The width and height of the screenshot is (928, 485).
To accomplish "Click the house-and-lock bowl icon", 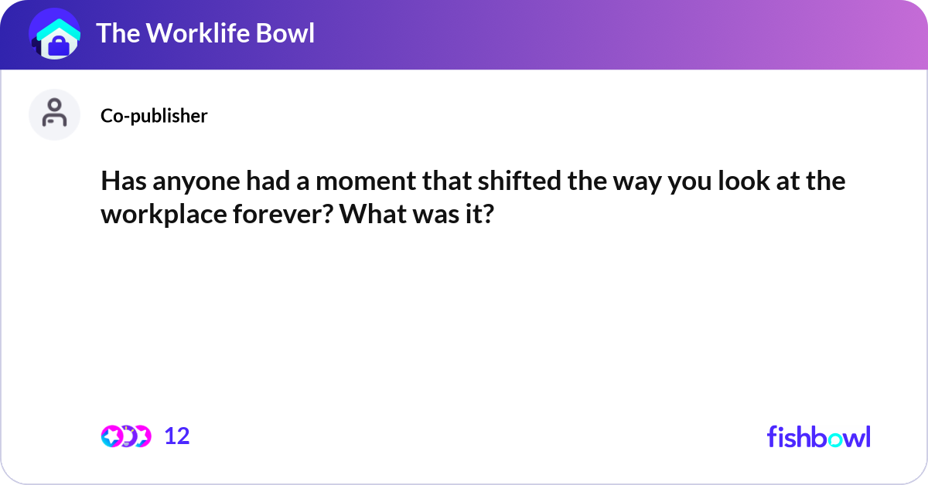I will tap(55, 36).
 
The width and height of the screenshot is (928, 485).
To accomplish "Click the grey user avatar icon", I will tap(54, 114).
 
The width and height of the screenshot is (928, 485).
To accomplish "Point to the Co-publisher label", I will tap(154, 116).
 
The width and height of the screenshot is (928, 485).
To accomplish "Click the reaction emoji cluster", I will tap(126, 436).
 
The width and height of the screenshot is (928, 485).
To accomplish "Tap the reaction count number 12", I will tap(177, 436).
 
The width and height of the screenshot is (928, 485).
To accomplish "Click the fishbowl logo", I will tap(818, 436).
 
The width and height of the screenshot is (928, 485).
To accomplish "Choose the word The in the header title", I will tap(117, 33).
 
